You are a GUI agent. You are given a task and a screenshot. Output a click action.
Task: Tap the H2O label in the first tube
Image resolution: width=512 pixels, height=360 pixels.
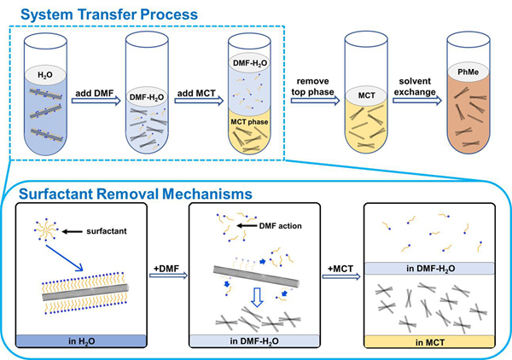tap(44, 74)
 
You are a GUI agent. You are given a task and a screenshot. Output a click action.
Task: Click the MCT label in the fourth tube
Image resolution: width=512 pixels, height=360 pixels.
tap(367, 95)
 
